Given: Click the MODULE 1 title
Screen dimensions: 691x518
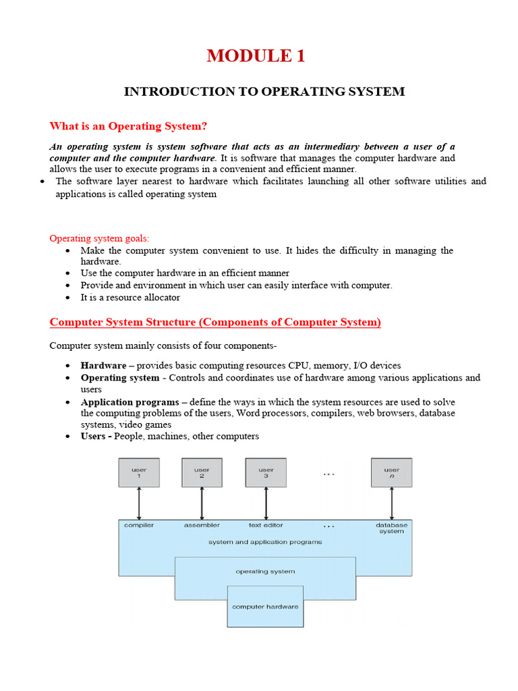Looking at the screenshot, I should pyautogui.click(x=256, y=56).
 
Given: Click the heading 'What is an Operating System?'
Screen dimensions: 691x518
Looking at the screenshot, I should pyautogui.click(x=128, y=126).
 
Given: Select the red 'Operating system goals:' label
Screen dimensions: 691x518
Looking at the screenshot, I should pyautogui.click(x=100, y=238).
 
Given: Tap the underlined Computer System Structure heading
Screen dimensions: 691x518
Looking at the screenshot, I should pyautogui.click(x=215, y=323).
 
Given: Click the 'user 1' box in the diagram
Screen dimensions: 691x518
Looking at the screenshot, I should pyautogui.click(x=138, y=472).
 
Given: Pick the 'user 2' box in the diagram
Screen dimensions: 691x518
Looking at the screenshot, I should pyautogui.click(x=202, y=472).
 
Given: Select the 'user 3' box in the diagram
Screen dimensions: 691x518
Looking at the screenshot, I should pyautogui.click(x=266, y=472).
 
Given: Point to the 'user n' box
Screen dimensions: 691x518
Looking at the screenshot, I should pyautogui.click(x=391, y=472).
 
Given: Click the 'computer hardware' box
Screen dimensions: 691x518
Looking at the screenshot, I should pyautogui.click(x=265, y=607).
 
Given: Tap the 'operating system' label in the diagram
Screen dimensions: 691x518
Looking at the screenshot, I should pyautogui.click(x=265, y=572).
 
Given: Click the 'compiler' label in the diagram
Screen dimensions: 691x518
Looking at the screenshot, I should pyautogui.click(x=139, y=525).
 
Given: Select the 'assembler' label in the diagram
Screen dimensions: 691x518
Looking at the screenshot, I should pyautogui.click(x=202, y=525).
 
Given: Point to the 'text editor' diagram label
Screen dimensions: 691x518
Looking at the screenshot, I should pyautogui.click(x=266, y=525).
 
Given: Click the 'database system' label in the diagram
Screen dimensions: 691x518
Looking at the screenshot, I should pyautogui.click(x=391, y=528).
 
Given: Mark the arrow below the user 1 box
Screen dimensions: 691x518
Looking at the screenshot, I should pyautogui.click(x=139, y=503).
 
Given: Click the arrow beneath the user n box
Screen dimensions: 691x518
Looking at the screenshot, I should pyautogui.click(x=391, y=503).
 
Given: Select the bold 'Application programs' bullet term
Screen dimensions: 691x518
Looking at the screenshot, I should pyautogui.click(x=129, y=402).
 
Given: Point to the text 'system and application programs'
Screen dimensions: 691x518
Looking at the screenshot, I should pyautogui.click(x=265, y=542).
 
